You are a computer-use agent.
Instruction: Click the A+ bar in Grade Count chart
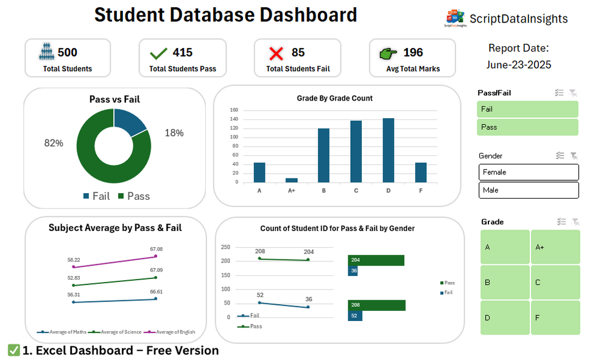[292, 180]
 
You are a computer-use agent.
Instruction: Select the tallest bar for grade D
[388, 150]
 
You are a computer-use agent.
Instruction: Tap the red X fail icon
[276, 54]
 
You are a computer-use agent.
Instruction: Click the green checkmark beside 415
[159, 54]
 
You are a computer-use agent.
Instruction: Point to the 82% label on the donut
[54, 143]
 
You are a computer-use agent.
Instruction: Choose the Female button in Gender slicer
[528, 172]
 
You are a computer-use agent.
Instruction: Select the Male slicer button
[528, 191]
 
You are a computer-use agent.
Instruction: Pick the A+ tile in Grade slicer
[555, 247]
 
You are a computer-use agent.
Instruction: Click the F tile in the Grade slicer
[555, 318]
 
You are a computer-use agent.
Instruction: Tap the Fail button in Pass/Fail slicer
[528, 110]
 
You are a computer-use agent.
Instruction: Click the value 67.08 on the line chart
[157, 249]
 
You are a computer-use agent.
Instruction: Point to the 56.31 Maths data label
[74, 294]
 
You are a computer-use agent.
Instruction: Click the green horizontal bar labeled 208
[376, 305]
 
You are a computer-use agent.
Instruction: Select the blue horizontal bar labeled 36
[353, 271]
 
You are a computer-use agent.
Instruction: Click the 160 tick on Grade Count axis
[234, 110]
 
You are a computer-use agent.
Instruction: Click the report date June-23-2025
[519, 65]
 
